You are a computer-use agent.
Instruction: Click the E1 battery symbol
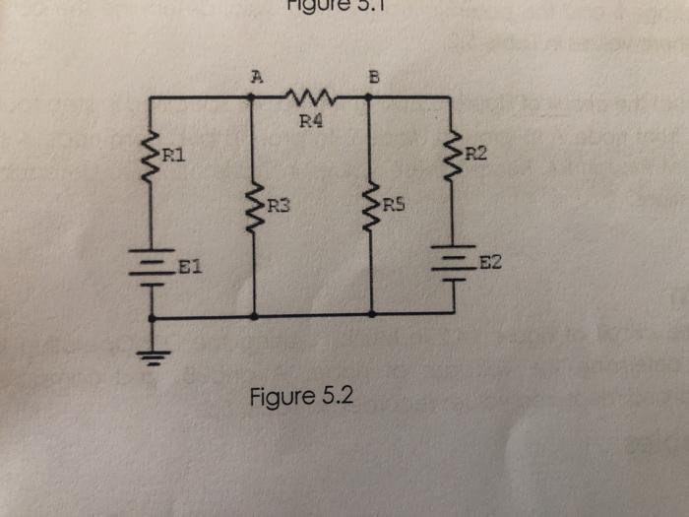[152, 266]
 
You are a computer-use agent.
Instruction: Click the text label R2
[473, 154]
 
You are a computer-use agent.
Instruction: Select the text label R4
[311, 123]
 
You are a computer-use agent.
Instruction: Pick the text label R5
[394, 206]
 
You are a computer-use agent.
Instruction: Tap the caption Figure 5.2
[299, 399]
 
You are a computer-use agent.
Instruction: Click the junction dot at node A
[253, 97]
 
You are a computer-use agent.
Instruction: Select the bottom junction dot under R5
[371, 315]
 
